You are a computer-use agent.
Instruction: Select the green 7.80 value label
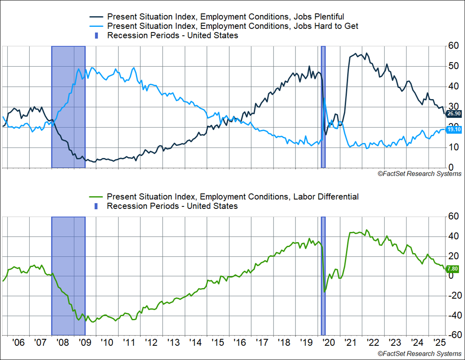[x=452, y=269]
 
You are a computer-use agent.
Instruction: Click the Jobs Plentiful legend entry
[x=225, y=17]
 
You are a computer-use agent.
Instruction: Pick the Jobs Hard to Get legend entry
[x=232, y=26]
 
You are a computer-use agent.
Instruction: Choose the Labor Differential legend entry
[x=232, y=197]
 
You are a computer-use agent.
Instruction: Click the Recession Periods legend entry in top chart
[x=172, y=35]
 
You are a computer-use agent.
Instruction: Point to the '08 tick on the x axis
[x=63, y=342]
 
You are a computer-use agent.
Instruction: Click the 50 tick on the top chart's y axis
[x=453, y=66]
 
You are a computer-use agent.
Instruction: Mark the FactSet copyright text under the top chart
[x=419, y=174]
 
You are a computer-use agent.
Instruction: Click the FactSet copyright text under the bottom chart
[x=419, y=353]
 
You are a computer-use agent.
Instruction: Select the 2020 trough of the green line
[x=324, y=291]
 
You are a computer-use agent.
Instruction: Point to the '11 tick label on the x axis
[x=129, y=342]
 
